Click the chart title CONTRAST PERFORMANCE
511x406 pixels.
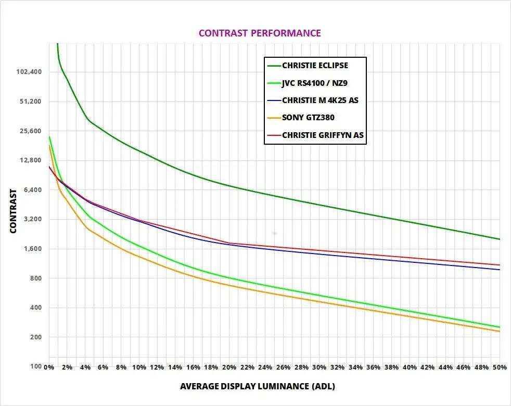[x=260, y=33]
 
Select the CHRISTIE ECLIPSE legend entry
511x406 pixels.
[x=315, y=66]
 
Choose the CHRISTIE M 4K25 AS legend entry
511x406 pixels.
[x=320, y=100]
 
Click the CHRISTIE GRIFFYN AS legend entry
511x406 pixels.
[x=323, y=135]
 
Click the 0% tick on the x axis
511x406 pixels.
[x=49, y=367]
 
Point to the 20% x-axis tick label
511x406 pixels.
[x=229, y=367]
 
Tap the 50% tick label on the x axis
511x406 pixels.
[x=500, y=367]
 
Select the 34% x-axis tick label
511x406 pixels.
[x=355, y=367]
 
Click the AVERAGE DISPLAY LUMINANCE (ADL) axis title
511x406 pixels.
[x=258, y=387]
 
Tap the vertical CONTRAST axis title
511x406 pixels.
[x=14, y=211]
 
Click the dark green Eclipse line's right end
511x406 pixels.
[x=500, y=239]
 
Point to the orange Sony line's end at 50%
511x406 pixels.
[x=500, y=332]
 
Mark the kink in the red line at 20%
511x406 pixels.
[x=229, y=243]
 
